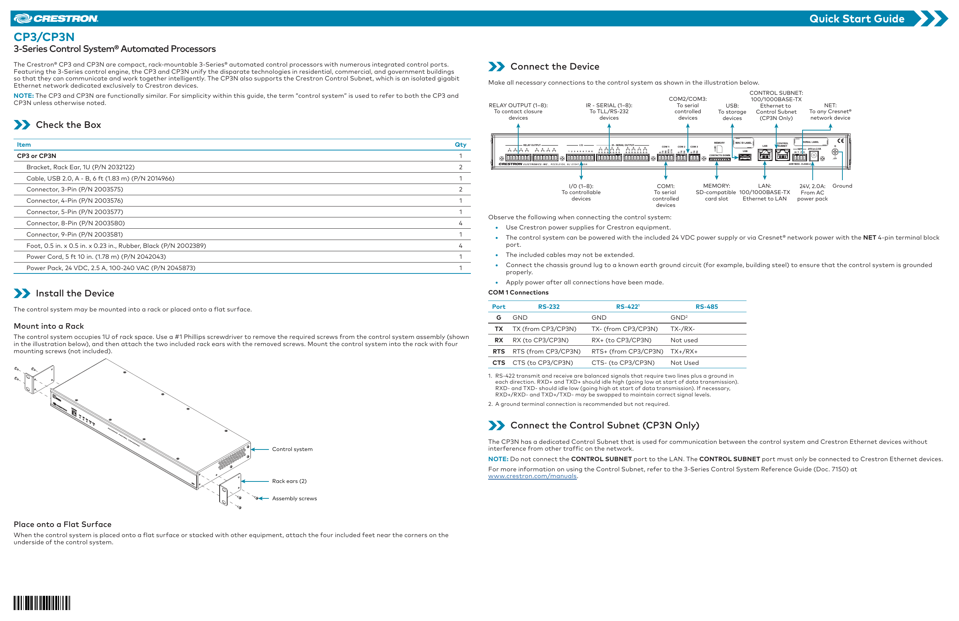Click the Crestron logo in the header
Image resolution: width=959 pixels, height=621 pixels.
click(x=56, y=18)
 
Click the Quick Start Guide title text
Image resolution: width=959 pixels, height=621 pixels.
click(x=856, y=19)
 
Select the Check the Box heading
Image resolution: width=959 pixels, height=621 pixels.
click(x=68, y=125)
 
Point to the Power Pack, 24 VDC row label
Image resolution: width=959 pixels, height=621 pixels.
click(x=111, y=268)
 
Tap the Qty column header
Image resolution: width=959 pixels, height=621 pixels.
click(x=460, y=145)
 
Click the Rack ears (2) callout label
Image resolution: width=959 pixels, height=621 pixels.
click(x=289, y=481)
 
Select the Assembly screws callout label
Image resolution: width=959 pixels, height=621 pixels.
click(x=294, y=498)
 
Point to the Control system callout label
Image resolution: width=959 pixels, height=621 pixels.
click(x=292, y=449)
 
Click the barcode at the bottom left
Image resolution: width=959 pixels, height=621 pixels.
click(x=42, y=603)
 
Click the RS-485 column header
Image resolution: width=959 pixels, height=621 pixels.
click(x=706, y=307)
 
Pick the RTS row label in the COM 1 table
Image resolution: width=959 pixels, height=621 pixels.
click(x=498, y=351)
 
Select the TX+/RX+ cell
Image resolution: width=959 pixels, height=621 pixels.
click(x=684, y=351)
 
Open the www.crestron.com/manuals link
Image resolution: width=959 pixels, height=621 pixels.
click(x=532, y=476)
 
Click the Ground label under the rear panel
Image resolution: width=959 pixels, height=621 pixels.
click(x=842, y=186)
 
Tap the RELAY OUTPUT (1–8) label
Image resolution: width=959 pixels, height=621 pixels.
click(x=518, y=105)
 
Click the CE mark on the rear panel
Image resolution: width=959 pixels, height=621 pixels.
click(x=841, y=141)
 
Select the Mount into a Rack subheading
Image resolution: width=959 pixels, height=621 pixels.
click(x=49, y=326)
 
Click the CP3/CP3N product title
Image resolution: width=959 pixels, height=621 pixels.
click(x=44, y=37)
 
